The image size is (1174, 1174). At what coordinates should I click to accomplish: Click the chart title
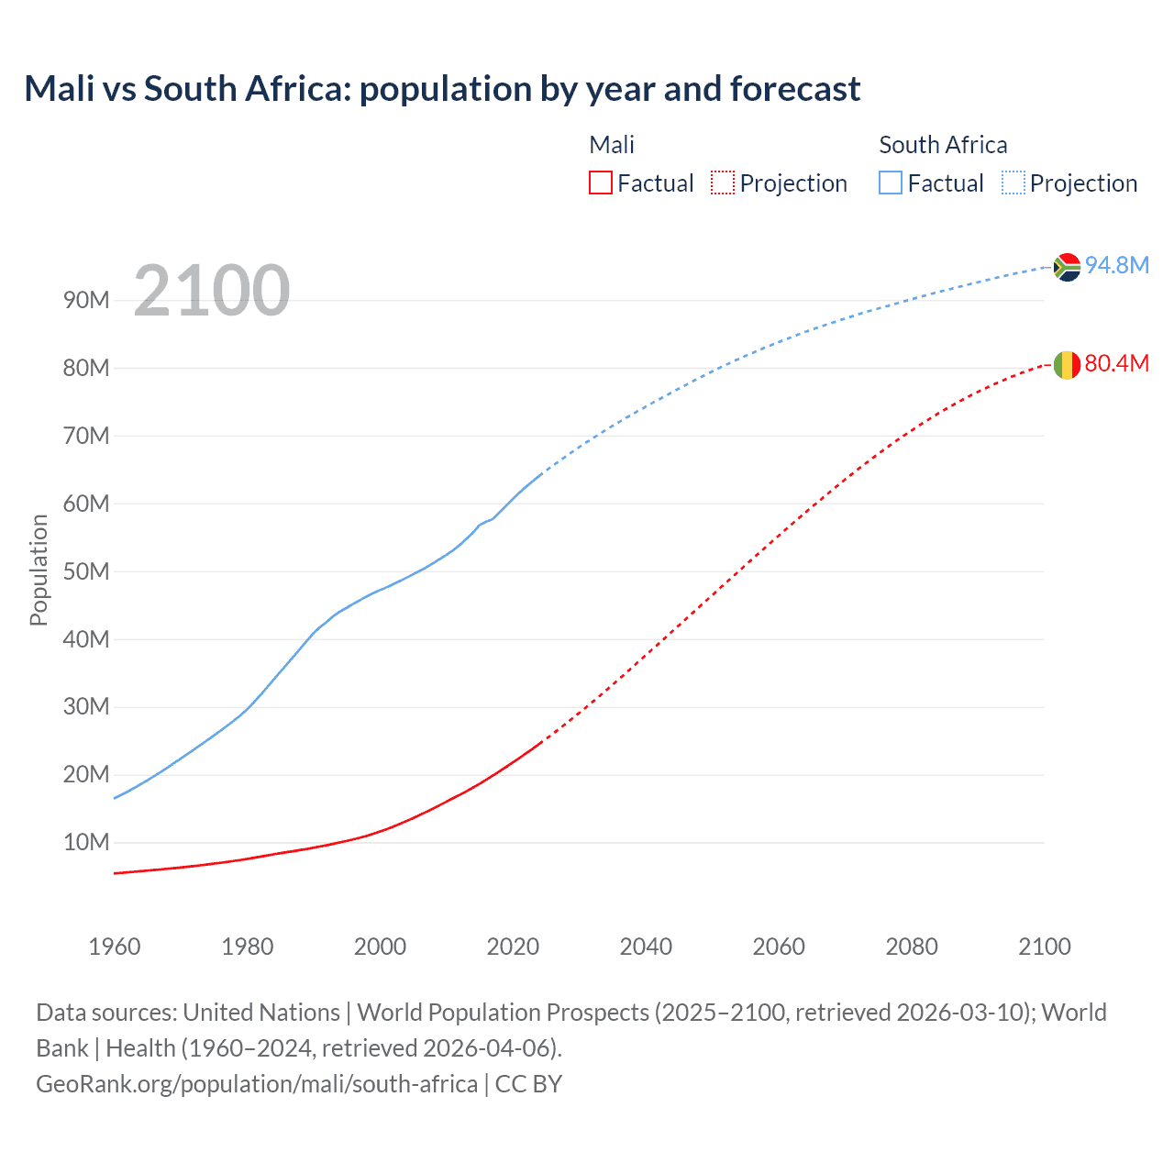point(442,89)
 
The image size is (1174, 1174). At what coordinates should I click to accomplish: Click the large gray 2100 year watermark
point(212,291)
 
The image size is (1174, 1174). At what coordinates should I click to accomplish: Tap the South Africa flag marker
point(1067,267)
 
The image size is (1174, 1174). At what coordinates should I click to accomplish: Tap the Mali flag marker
point(1067,365)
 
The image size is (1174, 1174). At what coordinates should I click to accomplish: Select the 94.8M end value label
point(1117,265)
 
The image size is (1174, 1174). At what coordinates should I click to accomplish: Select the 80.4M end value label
point(1117,363)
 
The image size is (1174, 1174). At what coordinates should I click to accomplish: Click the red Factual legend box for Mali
point(601,183)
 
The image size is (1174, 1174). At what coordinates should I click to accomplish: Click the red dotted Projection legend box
point(723,183)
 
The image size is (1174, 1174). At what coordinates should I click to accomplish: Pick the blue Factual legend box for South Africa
point(891,183)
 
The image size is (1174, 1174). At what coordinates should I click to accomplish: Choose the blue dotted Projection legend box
point(1013,183)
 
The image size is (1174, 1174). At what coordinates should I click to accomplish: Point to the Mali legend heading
point(612,145)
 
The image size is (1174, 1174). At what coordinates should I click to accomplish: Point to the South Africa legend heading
point(943,145)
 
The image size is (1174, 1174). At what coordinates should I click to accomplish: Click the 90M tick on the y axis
point(86,300)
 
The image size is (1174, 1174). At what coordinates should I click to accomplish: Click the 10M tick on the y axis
point(86,842)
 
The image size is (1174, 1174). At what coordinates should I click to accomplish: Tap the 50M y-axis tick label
point(86,571)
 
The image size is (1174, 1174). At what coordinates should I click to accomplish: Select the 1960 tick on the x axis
point(115,947)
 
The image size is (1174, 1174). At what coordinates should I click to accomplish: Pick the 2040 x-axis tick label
point(646,947)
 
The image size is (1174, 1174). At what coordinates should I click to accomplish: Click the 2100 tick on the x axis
point(1044,947)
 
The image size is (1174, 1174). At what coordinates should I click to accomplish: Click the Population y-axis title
point(39,570)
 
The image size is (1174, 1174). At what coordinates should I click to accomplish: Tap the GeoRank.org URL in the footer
point(257,1084)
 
